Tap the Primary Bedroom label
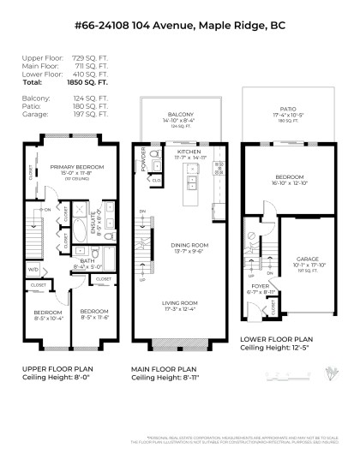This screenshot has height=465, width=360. click(76, 166)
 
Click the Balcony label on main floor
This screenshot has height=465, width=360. click(180, 115)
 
